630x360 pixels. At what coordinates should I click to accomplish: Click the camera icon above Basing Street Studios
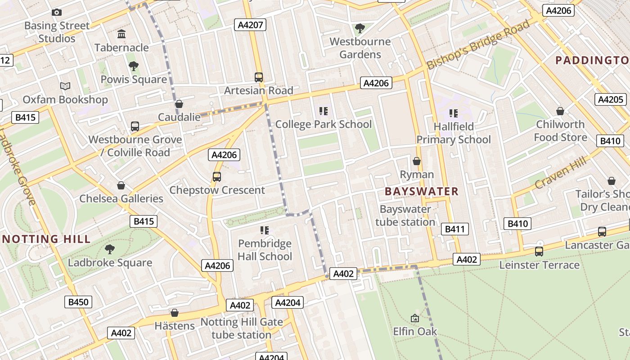tap(56, 12)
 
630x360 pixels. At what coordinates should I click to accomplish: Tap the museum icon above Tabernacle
tap(121, 34)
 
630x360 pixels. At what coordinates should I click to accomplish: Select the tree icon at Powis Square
tap(133, 66)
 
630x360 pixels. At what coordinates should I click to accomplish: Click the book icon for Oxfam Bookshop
tap(65, 86)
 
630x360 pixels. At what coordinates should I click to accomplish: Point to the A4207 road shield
tap(250, 25)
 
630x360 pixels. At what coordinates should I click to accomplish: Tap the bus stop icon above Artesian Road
tap(259, 77)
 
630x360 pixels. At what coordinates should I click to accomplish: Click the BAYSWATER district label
tap(422, 191)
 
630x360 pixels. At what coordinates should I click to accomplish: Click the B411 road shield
tap(454, 229)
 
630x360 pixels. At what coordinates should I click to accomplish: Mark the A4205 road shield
tap(611, 99)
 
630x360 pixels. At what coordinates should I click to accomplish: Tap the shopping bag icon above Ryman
tap(417, 161)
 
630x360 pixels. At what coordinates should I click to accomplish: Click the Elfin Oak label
tap(415, 332)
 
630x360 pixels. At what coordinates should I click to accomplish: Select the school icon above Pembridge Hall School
tap(265, 230)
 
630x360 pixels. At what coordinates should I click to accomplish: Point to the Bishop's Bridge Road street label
tap(478, 45)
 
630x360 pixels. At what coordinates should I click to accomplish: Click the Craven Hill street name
tap(561, 173)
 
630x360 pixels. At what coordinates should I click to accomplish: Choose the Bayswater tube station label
tap(405, 216)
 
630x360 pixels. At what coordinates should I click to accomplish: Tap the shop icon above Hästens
tap(175, 313)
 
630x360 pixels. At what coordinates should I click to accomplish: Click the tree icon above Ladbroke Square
tap(110, 249)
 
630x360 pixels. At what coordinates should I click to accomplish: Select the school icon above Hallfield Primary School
tap(453, 113)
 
